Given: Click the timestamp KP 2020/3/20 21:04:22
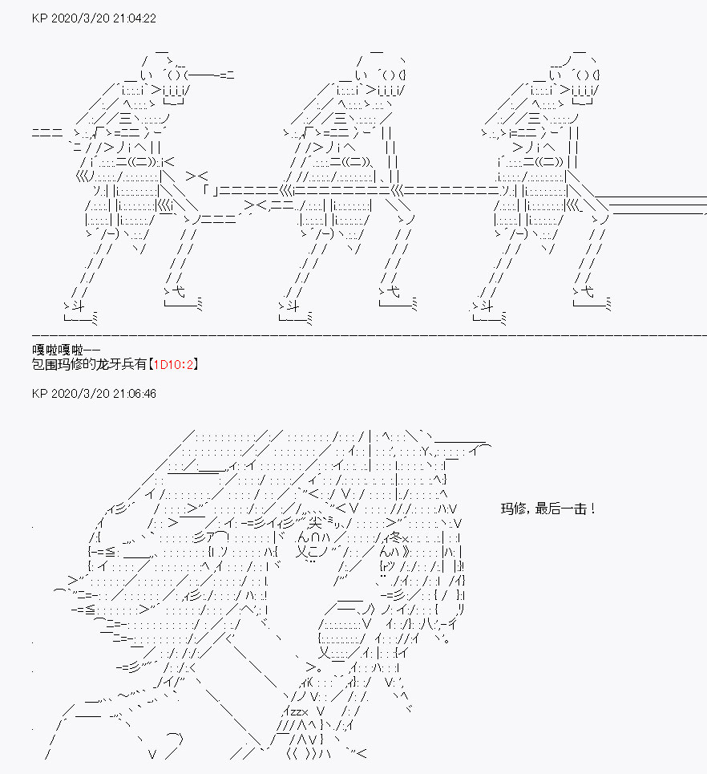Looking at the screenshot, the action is [x=94, y=18].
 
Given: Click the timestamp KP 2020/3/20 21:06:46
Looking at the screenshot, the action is [x=94, y=394].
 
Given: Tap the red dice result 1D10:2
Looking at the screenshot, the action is [x=172, y=365].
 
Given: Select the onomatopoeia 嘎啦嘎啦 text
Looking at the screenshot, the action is [x=58, y=350].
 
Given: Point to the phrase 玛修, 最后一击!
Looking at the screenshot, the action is [x=547, y=509].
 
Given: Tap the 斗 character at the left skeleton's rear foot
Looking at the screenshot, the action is [x=78, y=306].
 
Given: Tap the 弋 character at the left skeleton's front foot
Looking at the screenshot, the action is [x=178, y=291].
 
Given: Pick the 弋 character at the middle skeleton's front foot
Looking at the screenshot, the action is [x=394, y=291].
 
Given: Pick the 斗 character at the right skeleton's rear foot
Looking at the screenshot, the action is [x=487, y=306].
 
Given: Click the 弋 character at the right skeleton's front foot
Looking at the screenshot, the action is [x=587, y=291].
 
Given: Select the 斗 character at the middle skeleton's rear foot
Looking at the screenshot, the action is [x=293, y=306].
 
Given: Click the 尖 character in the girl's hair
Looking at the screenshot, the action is [x=315, y=523].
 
